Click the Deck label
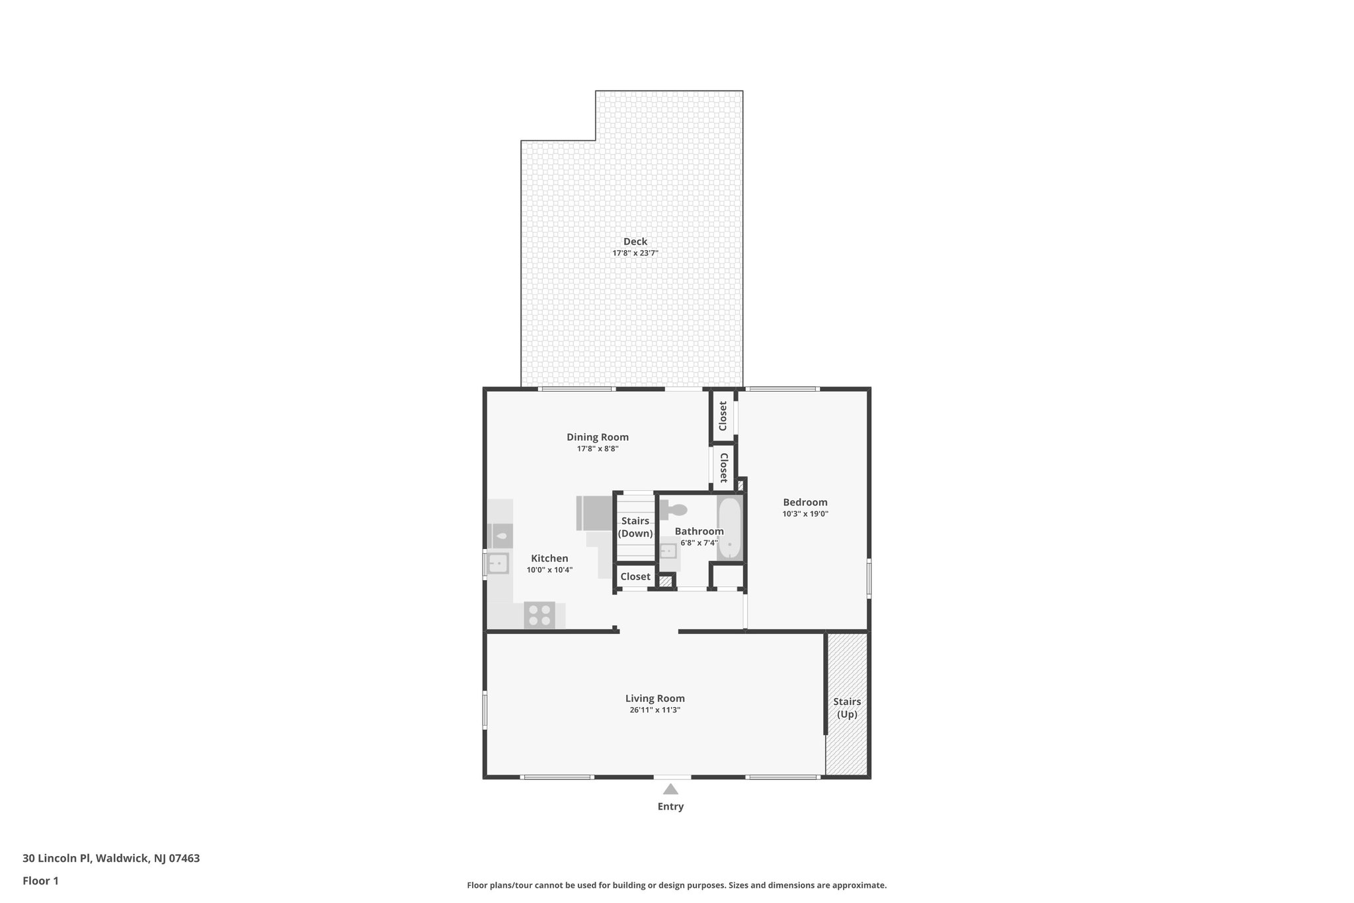(x=635, y=241)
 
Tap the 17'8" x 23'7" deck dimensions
(x=635, y=253)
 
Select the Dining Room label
(x=597, y=437)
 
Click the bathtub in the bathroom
(x=730, y=529)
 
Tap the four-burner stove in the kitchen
(x=539, y=615)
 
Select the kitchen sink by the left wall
(x=498, y=564)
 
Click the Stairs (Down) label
(x=635, y=527)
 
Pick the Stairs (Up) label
(x=846, y=708)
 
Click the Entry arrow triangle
(x=670, y=789)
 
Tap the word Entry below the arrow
(x=670, y=806)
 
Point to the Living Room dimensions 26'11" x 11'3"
(x=655, y=710)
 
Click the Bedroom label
(x=805, y=502)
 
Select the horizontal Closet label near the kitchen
(x=635, y=577)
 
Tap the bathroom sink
(x=668, y=551)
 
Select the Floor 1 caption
(x=40, y=881)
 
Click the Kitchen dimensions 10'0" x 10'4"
(x=549, y=570)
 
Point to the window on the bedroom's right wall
(x=869, y=578)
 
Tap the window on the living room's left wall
(x=485, y=710)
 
